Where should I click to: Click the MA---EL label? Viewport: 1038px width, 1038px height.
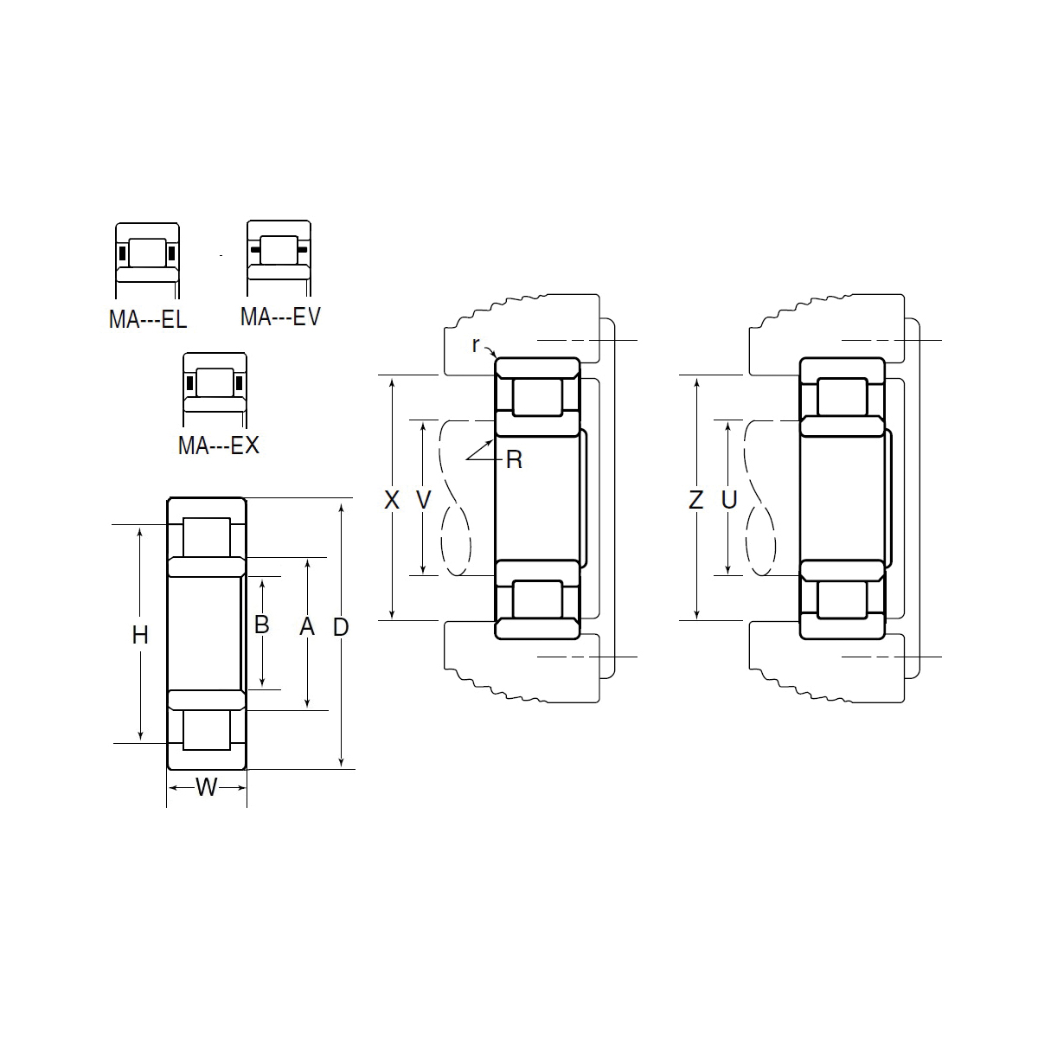(x=148, y=319)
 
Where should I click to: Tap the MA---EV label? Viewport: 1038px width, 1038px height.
(x=280, y=317)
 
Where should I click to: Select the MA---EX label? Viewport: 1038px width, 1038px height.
(x=219, y=445)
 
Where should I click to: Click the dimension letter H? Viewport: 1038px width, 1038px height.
(x=140, y=636)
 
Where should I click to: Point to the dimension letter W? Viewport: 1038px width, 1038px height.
(x=207, y=787)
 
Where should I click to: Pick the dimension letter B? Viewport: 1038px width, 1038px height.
(x=261, y=625)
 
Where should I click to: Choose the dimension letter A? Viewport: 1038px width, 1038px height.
(x=307, y=626)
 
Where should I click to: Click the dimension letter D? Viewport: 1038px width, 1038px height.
(x=341, y=627)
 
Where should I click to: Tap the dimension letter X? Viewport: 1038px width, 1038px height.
(x=392, y=500)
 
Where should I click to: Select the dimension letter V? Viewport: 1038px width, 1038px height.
(x=424, y=500)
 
